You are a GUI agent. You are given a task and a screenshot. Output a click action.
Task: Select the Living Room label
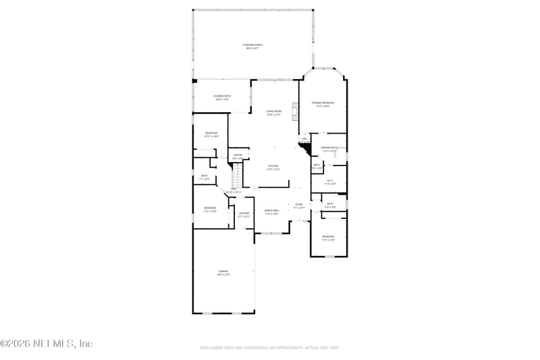pos(273,113)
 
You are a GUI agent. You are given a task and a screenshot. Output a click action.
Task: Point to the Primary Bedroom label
pos(323,104)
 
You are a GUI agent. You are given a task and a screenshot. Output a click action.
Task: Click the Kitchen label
pos(273,167)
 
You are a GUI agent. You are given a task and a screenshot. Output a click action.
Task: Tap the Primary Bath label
pos(329,149)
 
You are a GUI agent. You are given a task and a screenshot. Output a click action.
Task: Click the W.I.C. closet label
pos(330,182)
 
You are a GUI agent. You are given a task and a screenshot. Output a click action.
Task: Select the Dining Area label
pos(271,212)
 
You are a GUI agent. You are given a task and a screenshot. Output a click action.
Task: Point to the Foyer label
pos(298,205)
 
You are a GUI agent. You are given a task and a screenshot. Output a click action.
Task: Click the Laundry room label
pos(244,215)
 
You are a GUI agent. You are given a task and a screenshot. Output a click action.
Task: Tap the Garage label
pos(223,273)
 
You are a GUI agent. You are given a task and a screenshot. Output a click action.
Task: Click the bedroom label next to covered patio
pos(211,134)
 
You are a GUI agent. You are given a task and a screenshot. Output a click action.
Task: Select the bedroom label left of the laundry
pos(210,209)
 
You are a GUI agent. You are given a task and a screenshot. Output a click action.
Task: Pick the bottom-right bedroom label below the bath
pos(328,238)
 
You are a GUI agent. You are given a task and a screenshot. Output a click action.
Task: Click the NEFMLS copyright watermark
pos(47,344)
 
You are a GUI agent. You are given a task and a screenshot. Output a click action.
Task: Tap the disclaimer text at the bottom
pos(269,348)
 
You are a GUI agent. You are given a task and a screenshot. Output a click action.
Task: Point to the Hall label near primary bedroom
pos(304,139)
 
